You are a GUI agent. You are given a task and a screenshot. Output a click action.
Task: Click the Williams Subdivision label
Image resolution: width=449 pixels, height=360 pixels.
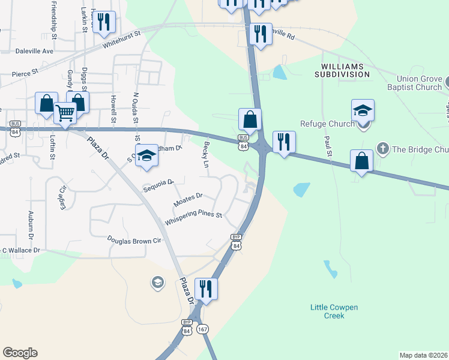coord(345,70)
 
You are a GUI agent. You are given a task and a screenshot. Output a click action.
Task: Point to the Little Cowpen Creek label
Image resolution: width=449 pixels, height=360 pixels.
coord(334,311)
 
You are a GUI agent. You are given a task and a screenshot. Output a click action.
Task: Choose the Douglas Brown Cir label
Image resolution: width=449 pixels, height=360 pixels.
coord(134,240)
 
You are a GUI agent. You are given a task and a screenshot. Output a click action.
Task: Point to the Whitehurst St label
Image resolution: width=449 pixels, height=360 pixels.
coord(121,40)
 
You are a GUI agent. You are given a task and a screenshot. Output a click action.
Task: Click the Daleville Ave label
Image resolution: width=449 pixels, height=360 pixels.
coord(35,52)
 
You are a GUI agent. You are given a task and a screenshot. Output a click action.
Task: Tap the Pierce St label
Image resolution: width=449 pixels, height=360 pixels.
coord(25,73)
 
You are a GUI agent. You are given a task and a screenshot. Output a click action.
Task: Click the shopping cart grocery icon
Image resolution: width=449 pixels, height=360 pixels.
coord(65,112)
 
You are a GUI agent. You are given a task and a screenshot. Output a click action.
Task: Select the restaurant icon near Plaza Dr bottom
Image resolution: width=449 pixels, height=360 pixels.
coord(206,288)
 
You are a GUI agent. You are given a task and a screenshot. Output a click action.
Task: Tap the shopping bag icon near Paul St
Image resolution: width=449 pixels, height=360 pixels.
coord(361,161)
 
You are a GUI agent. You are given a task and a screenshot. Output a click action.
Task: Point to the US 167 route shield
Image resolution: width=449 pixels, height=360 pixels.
coord(203,331)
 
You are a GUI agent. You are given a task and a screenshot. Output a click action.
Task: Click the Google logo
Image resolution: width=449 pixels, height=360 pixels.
coord(20,353)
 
